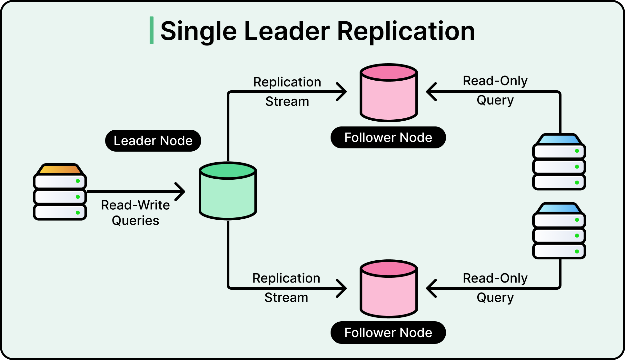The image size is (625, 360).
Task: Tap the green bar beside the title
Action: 151,30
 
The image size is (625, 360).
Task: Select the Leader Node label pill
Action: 153,141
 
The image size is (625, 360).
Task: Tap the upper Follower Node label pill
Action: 388,138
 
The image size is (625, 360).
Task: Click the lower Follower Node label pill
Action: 388,333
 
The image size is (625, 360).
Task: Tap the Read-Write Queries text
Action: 135,213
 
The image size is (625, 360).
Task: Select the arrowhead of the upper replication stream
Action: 342,92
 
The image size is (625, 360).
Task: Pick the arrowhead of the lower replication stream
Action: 342,288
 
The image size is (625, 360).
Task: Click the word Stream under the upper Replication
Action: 287,102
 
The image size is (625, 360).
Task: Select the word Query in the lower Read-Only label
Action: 495,297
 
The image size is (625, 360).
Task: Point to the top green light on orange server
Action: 78,181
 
